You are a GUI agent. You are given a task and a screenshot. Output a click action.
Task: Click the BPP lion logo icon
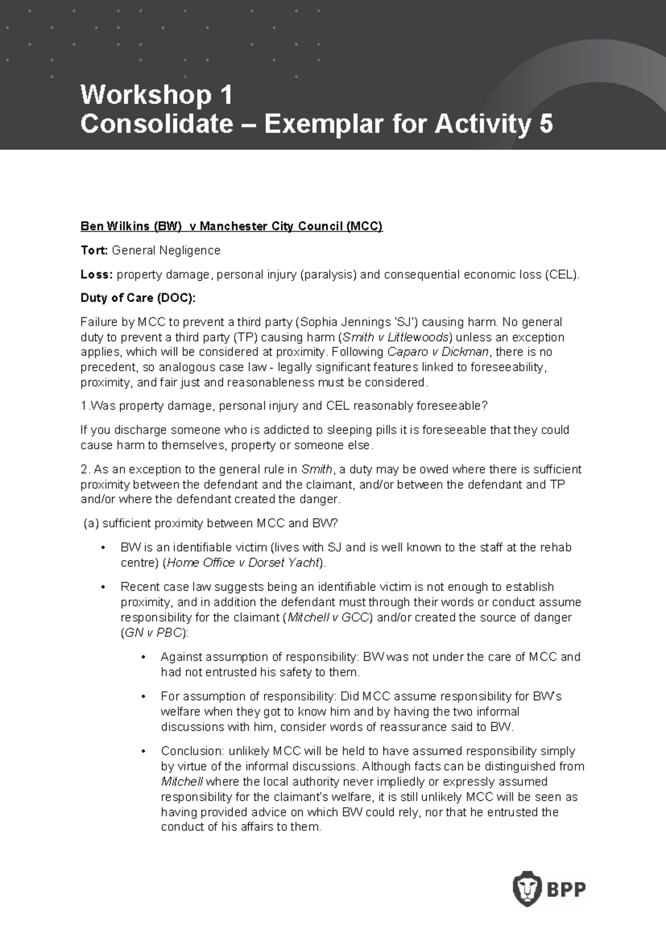527,888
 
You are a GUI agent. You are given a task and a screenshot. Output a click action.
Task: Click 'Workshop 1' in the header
157,95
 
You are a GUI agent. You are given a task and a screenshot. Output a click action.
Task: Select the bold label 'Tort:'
94,250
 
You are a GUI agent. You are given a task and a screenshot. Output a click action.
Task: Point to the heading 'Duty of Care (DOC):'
138,298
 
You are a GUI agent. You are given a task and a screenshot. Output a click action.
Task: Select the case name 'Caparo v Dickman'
438,352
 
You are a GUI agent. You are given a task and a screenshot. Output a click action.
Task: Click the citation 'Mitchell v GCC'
328,618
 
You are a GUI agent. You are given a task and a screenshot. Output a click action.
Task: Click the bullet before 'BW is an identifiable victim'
103,548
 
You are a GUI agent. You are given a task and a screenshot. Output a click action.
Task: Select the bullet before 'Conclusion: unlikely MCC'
143,752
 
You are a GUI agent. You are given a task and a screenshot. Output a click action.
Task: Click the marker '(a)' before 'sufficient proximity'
91,523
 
